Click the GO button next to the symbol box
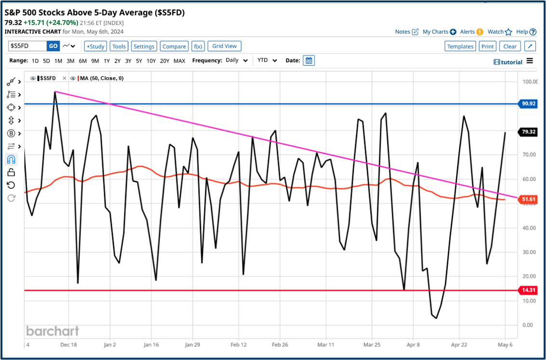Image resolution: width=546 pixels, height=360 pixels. click(x=53, y=46)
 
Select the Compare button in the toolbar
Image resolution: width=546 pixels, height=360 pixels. click(x=174, y=46)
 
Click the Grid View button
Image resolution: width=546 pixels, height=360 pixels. click(x=225, y=46)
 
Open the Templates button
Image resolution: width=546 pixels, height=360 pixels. click(x=460, y=46)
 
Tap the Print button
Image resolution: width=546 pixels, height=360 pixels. click(x=488, y=46)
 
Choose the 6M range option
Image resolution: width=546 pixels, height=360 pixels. click(x=83, y=61)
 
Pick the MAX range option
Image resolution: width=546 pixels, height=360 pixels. click(x=179, y=61)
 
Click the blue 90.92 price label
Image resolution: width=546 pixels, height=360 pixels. click(x=528, y=104)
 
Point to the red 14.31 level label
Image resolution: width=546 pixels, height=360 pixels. click(x=528, y=290)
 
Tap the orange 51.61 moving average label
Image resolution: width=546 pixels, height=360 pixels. click(x=528, y=199)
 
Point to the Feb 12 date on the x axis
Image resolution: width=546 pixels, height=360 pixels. click(x=239, y=345)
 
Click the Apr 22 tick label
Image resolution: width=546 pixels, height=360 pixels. click(x=459, y=345)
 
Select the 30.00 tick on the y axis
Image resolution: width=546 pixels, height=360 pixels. click(x=530, y=252)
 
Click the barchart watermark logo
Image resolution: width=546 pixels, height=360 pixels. click(x=52, y=331)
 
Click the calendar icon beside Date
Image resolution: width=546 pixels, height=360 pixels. click(x=309, y=61)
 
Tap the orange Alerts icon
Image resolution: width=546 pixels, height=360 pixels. click(x=479, y=32)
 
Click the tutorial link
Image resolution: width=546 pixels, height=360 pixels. click(x=508, y=62)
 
